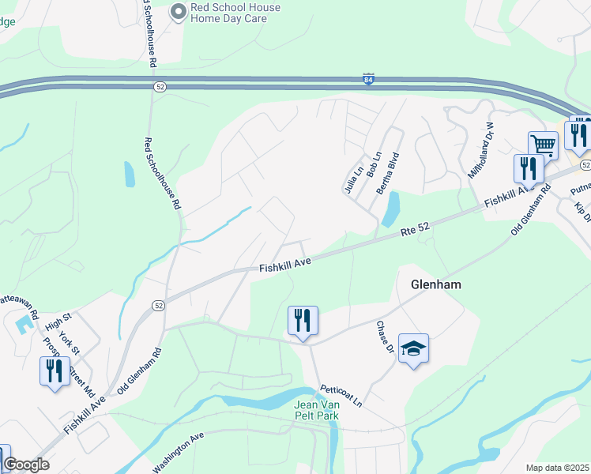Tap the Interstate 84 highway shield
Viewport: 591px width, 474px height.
point(368,79)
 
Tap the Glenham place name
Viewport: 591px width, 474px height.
point(436,284)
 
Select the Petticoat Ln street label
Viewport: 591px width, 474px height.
point(341,396)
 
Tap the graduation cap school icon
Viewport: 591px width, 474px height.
point(413,348)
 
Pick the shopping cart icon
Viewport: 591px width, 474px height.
point(543,145)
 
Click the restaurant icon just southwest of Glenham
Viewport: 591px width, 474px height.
point(303,320)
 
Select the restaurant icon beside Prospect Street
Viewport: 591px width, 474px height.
point(54,371)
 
